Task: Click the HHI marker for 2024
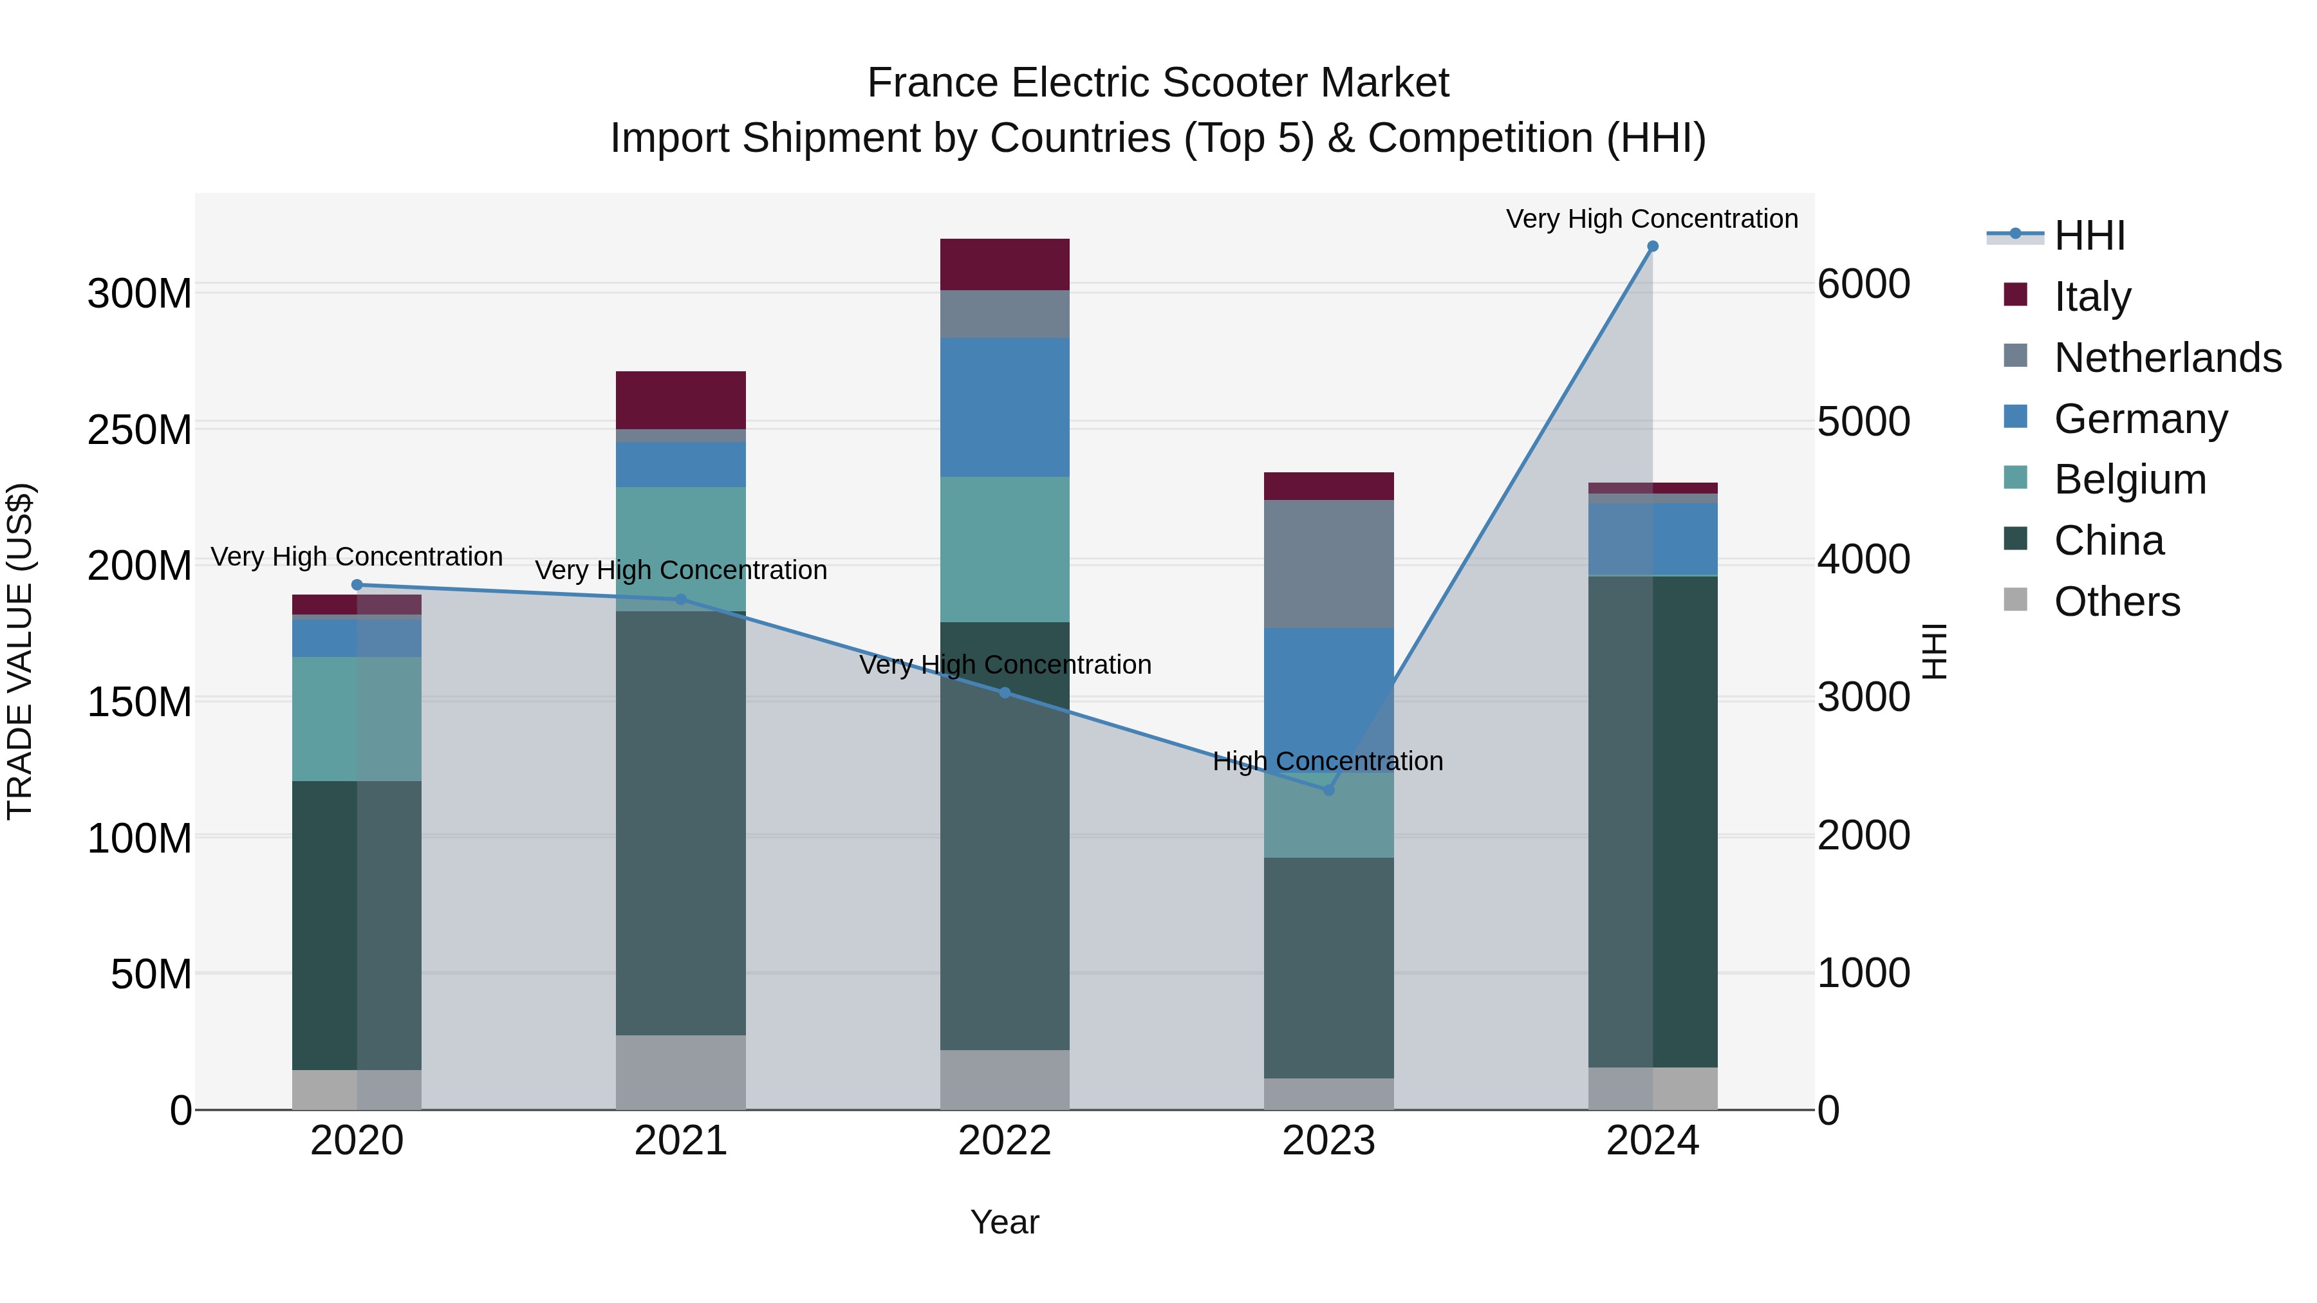[x=1652, y=246]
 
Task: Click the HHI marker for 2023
[x=1328, y=790]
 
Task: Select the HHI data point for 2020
[x=357, y=584]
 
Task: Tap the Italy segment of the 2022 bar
[x=1005, y=264]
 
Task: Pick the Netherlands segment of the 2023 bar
[x=1328, y=564]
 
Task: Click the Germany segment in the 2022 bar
[x=1005, y=407]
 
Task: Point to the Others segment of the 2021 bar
[x=681, y=1072]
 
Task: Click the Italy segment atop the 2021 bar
[x=681, y=400]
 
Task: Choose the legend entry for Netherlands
[x=2168, y=358]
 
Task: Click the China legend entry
[x=2108, y=541]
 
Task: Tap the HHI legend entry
[x=2089, y=236]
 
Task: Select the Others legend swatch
[x=2016, y=600]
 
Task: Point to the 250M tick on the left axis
[x=140, y=430]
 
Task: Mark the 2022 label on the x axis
[x=1005, y=1141]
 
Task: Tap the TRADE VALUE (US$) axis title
[x=20, y=651]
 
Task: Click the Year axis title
[x=1005, y=1222]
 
